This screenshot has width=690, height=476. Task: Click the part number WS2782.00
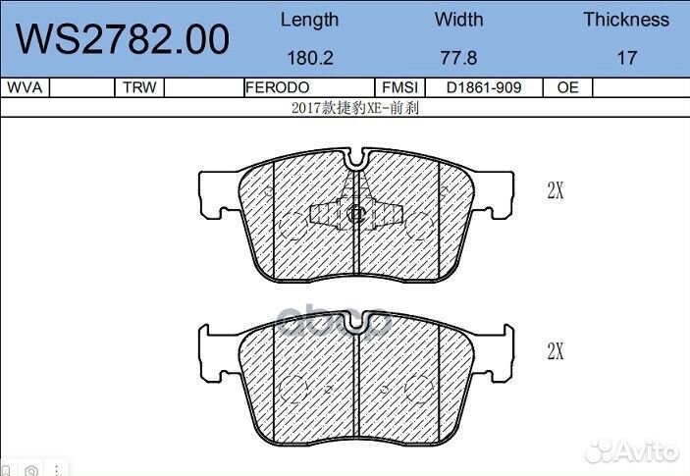(124, 39)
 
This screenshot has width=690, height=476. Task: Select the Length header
(309, 20)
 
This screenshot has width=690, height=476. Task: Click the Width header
(459, 20)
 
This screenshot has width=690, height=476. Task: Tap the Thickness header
(626, 20)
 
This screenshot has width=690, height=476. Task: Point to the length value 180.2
(309, 58)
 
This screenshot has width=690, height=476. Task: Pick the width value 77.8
(459, 58)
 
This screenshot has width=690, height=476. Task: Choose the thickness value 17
(626, 58)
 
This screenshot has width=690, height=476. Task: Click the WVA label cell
(24, 87)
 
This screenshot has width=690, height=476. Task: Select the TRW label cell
(139, 87)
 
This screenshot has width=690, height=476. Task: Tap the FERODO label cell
(278, 87)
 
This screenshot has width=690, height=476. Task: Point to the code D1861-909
(483, 87)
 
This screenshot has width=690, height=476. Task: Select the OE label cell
(567, 87)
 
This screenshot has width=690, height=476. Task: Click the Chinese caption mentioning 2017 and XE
(355, 108)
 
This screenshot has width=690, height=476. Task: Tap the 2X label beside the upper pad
(556, 191)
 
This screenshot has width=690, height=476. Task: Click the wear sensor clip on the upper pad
(356, 214)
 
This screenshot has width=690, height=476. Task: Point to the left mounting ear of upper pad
(217, 192)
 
